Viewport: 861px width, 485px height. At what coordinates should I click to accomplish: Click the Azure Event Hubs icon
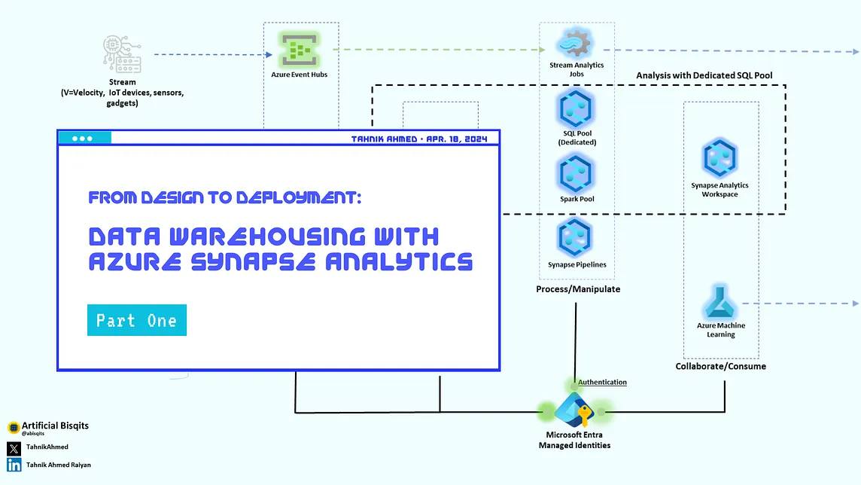coord(299,50)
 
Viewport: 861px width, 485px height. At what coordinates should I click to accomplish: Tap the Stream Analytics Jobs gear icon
coord(576,43)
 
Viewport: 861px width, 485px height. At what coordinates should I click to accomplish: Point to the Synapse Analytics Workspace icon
coord(720,159)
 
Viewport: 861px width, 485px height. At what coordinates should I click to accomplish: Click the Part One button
coord(136,320)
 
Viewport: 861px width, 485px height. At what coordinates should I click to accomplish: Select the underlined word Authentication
coord(602,383)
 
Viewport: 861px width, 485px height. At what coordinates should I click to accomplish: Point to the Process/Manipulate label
coord(578,289)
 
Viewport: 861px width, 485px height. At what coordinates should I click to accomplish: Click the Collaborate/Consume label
coord(720,367)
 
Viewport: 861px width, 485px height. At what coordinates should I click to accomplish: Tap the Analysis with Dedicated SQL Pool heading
coord(704,75)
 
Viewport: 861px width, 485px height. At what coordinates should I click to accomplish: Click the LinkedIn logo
coord(14,465)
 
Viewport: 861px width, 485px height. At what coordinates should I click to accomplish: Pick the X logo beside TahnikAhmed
coord(14,448)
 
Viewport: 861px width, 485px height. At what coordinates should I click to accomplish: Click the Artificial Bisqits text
coord(55,426)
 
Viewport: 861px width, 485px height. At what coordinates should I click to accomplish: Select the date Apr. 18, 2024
coord(458,139)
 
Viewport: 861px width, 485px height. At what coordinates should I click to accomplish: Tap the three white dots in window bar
coord(82,139)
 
